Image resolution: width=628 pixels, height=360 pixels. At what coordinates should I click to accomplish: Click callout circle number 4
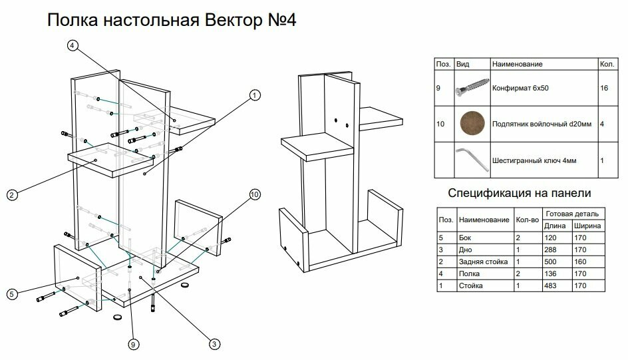click(73, 46)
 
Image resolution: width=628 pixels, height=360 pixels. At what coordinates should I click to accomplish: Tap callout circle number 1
click(253, 95)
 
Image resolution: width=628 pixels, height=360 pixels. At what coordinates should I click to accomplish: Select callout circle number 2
click(11, 195)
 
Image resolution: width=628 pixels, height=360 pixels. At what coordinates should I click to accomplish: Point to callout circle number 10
click(254, 195)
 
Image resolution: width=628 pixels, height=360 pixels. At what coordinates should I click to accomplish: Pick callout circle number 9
click(133, 344)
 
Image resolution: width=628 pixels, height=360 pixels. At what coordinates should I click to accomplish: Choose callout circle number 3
click(214, 344)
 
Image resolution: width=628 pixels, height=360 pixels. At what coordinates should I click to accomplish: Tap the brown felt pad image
click(472, 124)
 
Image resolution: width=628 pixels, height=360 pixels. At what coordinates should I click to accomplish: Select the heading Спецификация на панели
click(520, 194)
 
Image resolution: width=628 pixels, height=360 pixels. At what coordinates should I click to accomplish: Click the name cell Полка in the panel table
click(469, 273)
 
